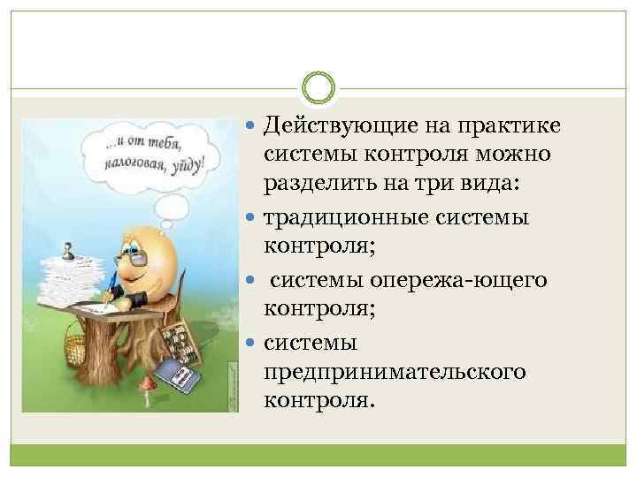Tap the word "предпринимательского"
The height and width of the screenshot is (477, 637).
coord(394,371)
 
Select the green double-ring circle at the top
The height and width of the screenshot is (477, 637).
coord(318,88)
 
